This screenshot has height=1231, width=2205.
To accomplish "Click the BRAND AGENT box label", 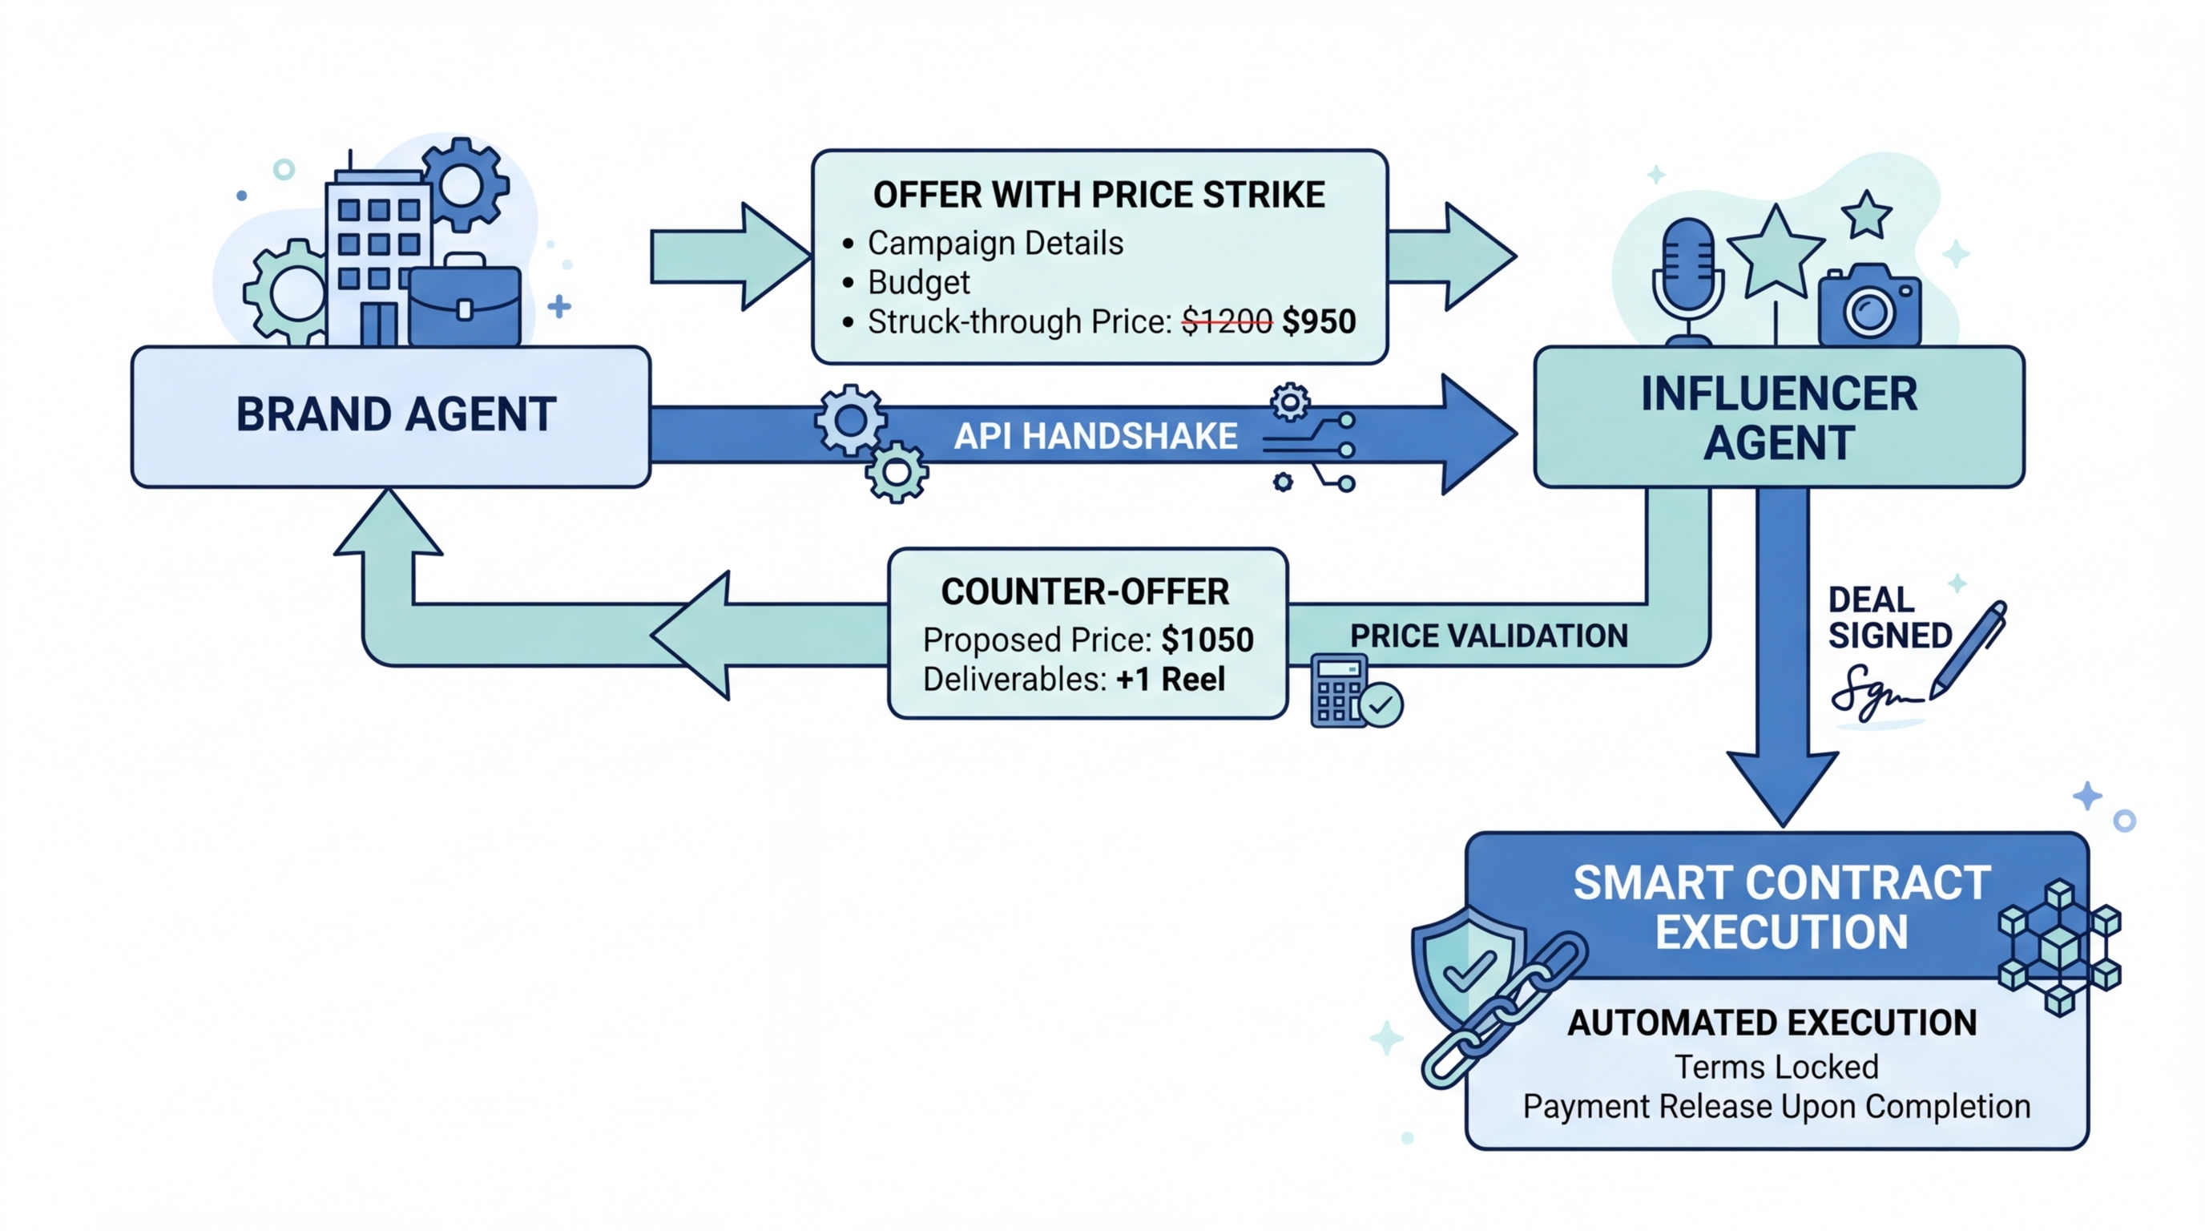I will coord(396,414).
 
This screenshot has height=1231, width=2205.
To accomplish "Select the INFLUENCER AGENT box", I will coord(1779,418).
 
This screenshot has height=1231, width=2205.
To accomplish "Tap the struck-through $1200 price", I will coord(1227,322).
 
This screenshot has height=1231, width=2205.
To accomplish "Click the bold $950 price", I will coord(1319,322).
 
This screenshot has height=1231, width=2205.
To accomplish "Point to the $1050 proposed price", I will coord(1207,640).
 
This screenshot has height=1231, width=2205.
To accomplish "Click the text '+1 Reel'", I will coord(1170,679).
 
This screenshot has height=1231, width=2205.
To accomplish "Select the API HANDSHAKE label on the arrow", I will coord(1095,436).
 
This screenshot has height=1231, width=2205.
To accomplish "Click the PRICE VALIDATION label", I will coord(1489,636).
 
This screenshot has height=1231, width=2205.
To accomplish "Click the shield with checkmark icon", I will coord(1467,967).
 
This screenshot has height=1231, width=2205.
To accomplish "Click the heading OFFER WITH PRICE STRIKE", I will coord(1099,196).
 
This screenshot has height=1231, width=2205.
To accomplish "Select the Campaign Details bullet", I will coord(994,243).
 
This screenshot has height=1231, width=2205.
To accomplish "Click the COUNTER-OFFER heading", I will coord(1085,591).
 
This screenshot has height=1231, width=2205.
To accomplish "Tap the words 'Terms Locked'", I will coord(1776,1067).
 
